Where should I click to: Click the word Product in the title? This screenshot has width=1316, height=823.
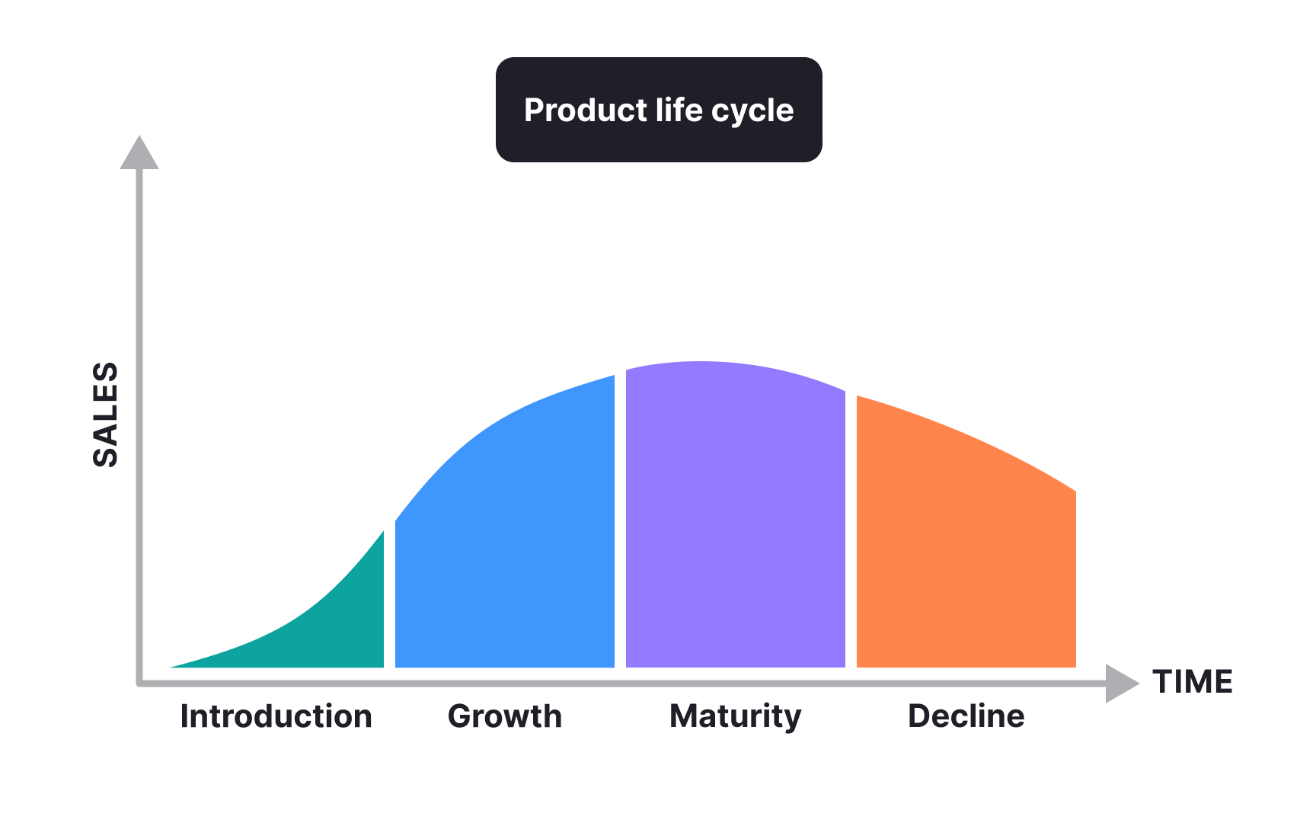pyautogui.click(x=585, y=110)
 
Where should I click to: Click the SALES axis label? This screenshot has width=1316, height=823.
pyautogui.click(x=106, y=414)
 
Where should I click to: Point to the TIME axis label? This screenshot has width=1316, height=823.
pyautogui.click(x=1193, y=682)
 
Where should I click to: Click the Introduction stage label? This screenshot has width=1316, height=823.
pyautogui.click(x=276, y=716)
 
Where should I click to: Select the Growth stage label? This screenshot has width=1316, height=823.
pyautogui.click(x=505, y=716)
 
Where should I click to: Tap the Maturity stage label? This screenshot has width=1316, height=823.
pyautogui.click(x=735, y=717)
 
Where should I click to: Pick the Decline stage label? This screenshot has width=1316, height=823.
pyautogui.click(x=966, y=716)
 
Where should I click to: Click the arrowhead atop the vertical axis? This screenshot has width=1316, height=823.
pyautogui.click(x=139, y=154)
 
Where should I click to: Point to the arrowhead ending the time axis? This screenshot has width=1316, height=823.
pyautogui.click(x=1121, y=683)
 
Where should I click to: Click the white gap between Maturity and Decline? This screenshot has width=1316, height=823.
pyautogui.click(x=851, y=533)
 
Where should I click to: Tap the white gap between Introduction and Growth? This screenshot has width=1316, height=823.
pyautogui.click(x=390, y=602)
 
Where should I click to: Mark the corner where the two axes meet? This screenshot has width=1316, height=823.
pyautogui.click(x=140, y=683)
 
